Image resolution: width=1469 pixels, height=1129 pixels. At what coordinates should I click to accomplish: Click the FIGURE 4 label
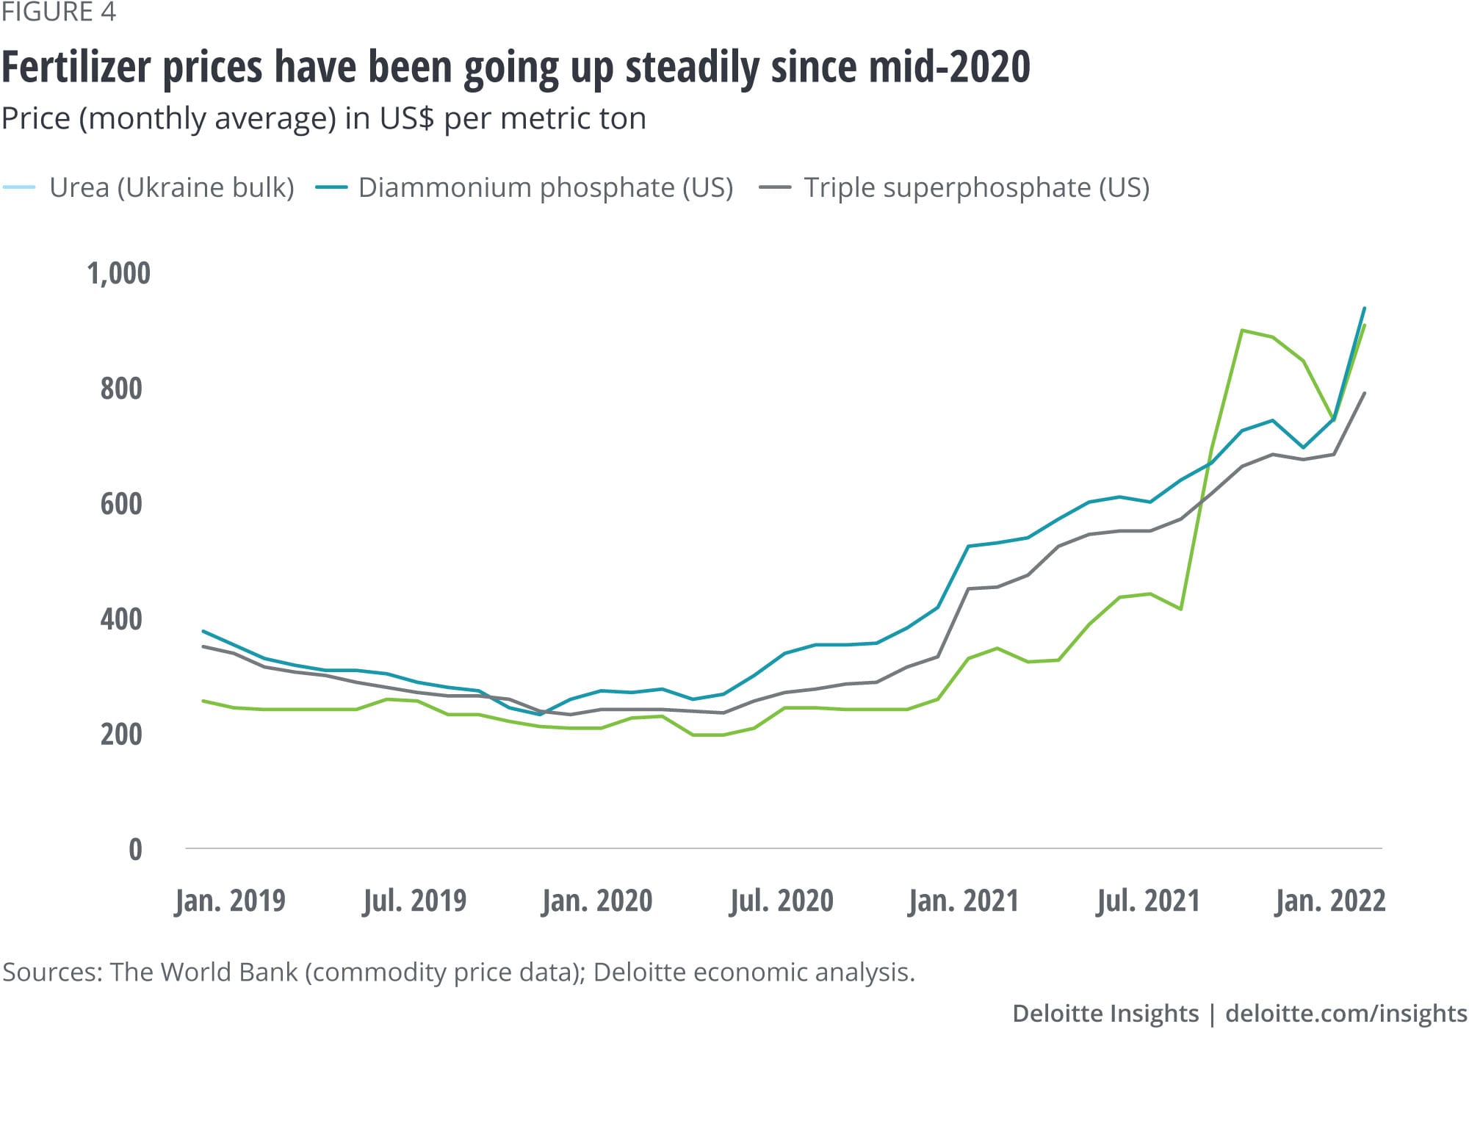pos(59,12)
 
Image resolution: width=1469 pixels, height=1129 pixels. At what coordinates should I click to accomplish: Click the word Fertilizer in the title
pos(76,68)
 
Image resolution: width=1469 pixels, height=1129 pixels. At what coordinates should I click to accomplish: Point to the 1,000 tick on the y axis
pos(118,273)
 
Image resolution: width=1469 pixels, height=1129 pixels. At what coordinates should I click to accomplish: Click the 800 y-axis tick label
pos(121,389)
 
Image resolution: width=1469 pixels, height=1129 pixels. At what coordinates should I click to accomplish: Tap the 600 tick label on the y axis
pos(121,504)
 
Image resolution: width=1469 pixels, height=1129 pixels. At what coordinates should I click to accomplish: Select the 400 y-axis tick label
pos(121,619)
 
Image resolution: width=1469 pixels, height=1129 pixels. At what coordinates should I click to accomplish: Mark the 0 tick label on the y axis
pos(135,850)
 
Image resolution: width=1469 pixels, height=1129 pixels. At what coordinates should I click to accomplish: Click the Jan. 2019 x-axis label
pos(230,901)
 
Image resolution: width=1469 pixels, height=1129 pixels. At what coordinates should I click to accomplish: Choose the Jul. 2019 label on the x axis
pos(414,901)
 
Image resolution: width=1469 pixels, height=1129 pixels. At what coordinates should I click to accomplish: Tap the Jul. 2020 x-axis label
pos(781,901)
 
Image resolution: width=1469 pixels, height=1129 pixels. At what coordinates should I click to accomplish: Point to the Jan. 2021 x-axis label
pos(964,901)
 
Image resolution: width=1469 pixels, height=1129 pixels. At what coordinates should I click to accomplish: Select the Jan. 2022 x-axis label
pos(1330,901)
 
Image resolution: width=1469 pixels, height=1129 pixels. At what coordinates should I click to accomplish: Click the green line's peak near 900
pos(1241,331)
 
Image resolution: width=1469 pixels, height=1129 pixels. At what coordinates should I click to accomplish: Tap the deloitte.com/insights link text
pos(1346,1014)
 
